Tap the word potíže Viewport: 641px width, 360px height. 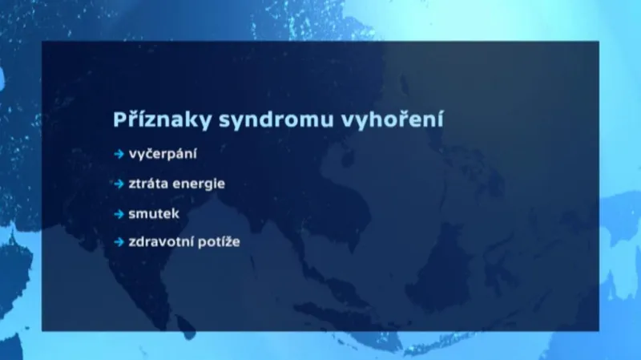[220, 241]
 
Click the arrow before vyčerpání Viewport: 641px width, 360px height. [119, 152]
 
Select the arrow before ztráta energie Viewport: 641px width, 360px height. [119, 184]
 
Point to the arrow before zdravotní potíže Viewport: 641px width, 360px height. [119, 241]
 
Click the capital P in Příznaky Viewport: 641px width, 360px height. [120, 120]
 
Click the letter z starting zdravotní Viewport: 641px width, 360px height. [131, 241]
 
